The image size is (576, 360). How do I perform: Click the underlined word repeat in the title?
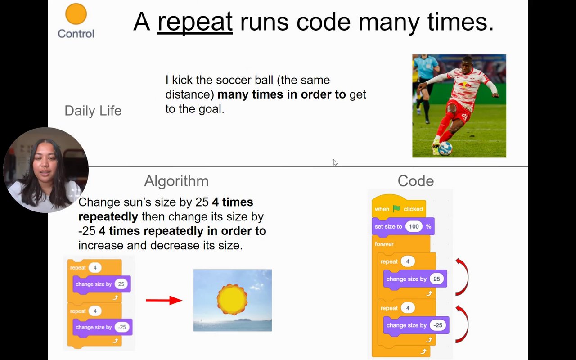click(x=194, y=22)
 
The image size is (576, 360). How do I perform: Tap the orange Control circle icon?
click(x=76, y=14)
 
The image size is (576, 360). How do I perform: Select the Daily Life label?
click(x=93, y=111)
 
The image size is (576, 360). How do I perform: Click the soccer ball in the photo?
click(x=445, y=148)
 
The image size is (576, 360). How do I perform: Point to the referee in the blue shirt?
click(x=425, y=72)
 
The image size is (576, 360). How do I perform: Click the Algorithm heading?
click(x=176, y=181)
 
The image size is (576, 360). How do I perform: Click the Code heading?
click(x=415, y=181)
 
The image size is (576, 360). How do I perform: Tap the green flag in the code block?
click(x=396, y=209)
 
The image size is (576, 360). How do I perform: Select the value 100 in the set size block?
click(x=414, y=226)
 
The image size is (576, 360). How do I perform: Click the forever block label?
click(x=384, y=244)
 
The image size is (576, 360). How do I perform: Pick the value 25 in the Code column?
click(x=436, y=279)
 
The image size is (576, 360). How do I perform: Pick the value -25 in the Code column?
click(x=437, y=325)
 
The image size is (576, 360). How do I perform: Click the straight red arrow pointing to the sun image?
click(x=164, y=300)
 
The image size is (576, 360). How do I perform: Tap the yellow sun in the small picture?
click(x=232, y=299)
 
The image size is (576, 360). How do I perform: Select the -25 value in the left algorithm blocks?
click(x=121, y=327)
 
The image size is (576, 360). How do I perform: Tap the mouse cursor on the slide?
click(x=335, y=162)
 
